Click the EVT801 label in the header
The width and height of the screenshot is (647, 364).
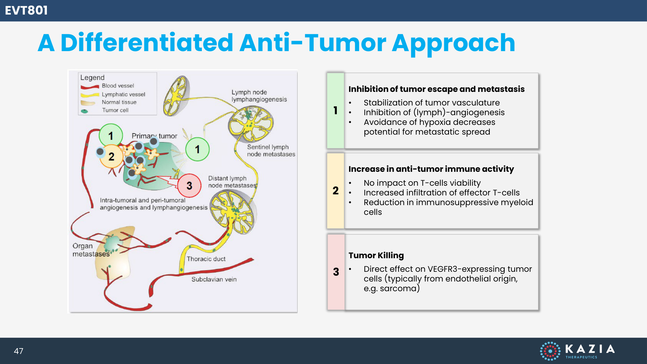pyautogui.click(x=27, y=10)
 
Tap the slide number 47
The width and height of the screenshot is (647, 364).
pyautogui.click(x=18, y=351)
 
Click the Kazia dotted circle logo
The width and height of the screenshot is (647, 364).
pyautogui.click(x=550, y=351)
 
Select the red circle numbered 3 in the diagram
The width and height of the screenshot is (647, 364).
pyautogui.click(x=189, y=185)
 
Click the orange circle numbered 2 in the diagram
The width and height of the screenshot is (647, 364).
pyautogui.click(x=111, y=157)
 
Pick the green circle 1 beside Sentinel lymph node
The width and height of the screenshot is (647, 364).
pyautogui.click(x=197, y=149)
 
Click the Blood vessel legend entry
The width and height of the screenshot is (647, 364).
pyautogui.click(x=118, y=86)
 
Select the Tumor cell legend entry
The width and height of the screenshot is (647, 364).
pyautogui.click(x=115, y=110)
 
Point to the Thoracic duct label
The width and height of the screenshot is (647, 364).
pyautogui.click(x=206, y=259)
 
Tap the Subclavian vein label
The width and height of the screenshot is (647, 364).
pyautogui.click(x=214, y=279)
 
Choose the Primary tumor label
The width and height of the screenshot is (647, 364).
pyautogui.click(x=154, y=136)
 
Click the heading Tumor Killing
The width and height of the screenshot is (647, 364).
pyautogui.click(x=376, y=255)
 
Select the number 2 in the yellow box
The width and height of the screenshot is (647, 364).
pyautogui.click(x=335, y=191)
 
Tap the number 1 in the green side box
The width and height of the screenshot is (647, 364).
pyautogui.click(x=335, y=110)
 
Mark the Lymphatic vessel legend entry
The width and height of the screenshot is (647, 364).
pyautogui.click(x=123, y=94)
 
